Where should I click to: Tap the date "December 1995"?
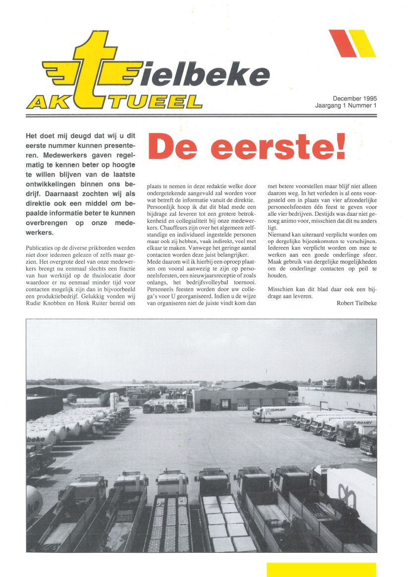click(x=355, y=98)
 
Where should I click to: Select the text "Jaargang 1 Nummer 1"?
click(x=346, y=105)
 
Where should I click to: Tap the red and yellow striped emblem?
click(x=352, y=44)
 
